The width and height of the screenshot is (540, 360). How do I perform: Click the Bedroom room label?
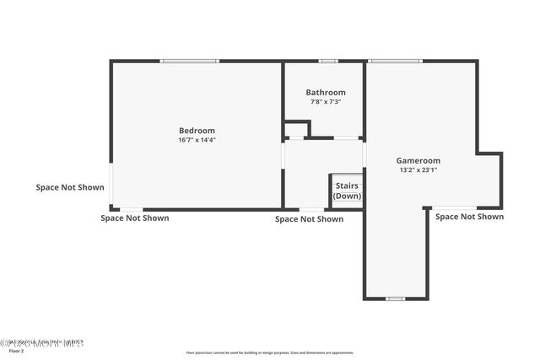[x=197, y=131]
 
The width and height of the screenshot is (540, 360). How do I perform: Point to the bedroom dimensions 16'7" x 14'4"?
[x=197, y=140]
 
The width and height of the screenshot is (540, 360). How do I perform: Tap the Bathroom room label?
[x=325, y=93]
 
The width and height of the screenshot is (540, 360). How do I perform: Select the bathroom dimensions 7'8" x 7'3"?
[x=325, y=102]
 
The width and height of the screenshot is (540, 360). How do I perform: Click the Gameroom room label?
[x=418, y=160]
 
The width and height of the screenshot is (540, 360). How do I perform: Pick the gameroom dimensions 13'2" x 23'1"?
[x=418, y=169]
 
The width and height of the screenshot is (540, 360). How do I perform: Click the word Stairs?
[x=347, y=186]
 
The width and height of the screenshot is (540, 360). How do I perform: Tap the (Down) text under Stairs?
[x=347, y=196]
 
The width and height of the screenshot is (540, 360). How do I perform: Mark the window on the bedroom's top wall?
[x=190, y=61]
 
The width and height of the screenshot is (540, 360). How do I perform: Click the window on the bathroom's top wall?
[x=328, y=61]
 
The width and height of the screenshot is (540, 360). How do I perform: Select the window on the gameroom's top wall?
[x=395, y=61]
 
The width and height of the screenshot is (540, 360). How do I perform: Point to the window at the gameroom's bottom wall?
[x=395, y=298]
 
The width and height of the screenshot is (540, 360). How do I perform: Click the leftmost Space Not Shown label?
[x=70, y=187]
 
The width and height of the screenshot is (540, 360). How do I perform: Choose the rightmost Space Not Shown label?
[x=469, y=217]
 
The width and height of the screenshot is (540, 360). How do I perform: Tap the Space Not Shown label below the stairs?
[x=309, y=219]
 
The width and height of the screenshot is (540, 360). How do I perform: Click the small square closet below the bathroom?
[x=296, y=129]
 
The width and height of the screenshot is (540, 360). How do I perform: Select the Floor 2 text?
[x=16, y=351]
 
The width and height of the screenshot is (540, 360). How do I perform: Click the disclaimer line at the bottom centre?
[x=270, y=352]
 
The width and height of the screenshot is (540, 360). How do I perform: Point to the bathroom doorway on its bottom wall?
[x=346, y=138]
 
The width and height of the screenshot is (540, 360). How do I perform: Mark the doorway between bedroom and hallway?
[x=283, y=156]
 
